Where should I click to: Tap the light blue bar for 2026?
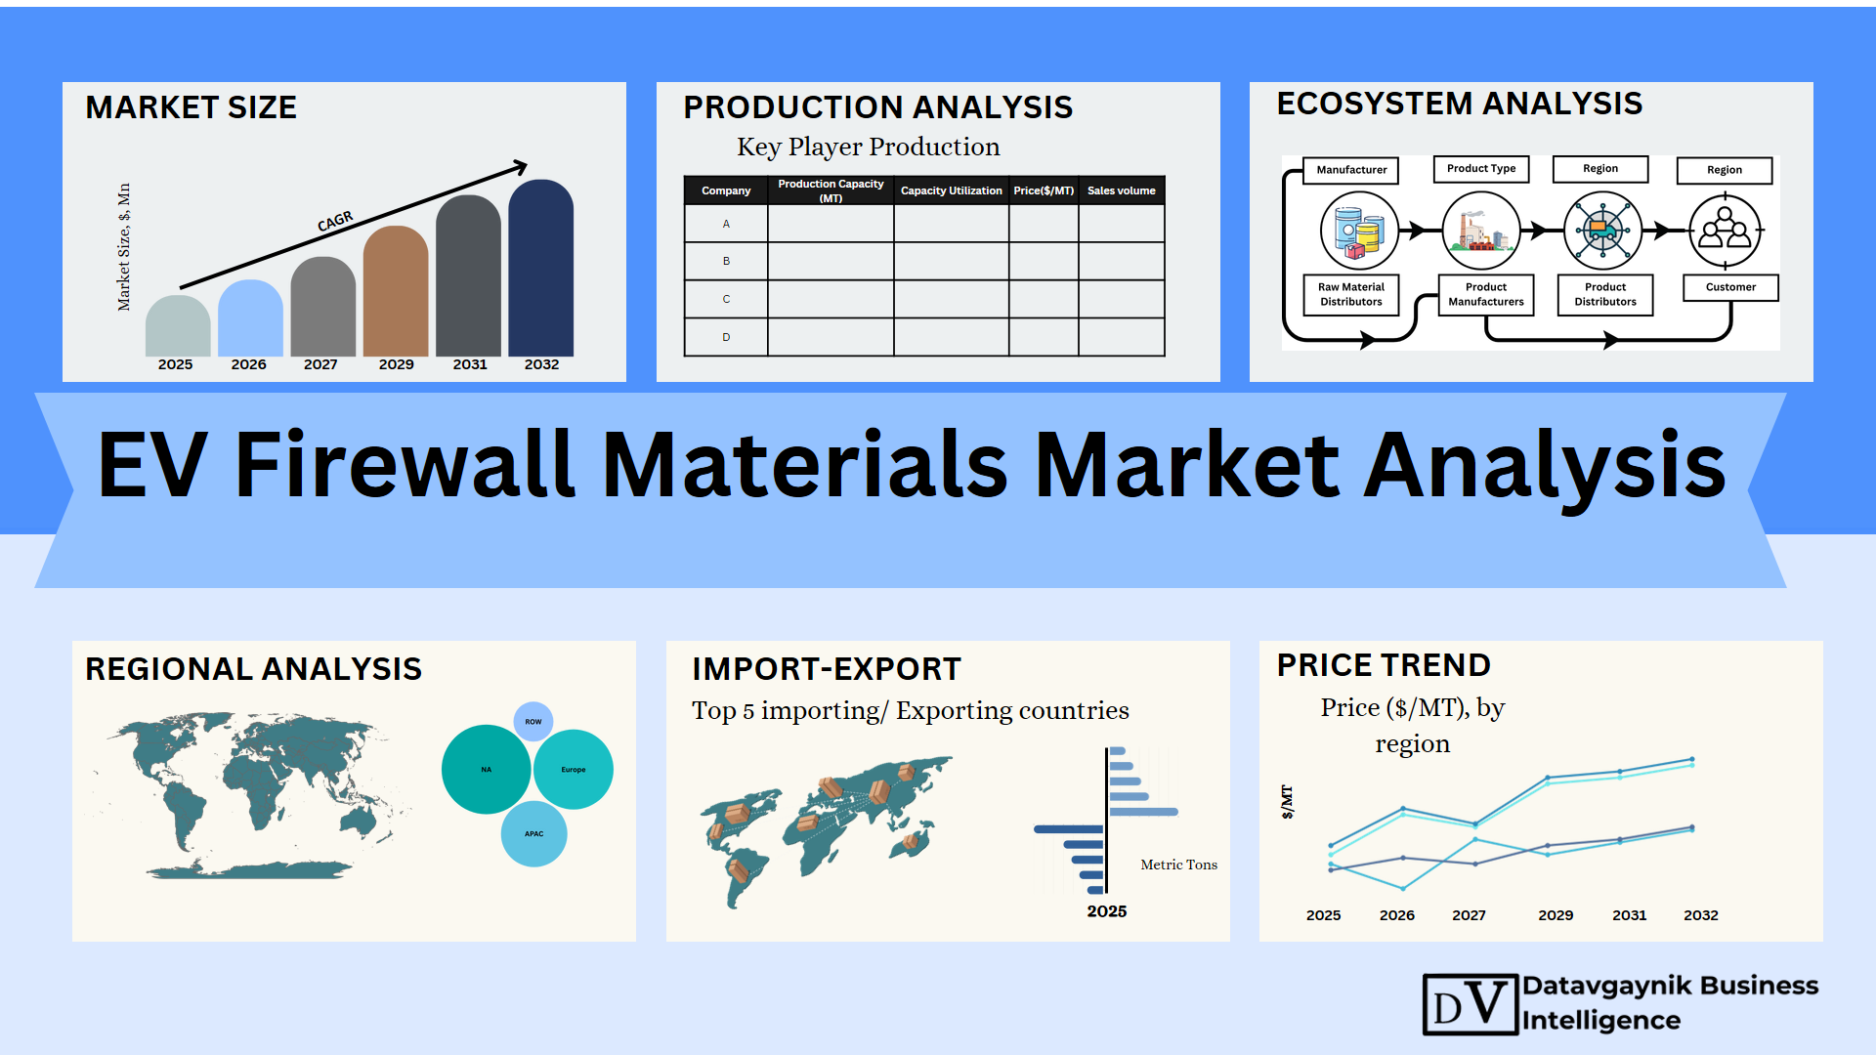tap(250, 318)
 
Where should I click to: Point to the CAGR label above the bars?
tap(335, 222)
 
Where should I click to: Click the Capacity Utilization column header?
tap(951, 190)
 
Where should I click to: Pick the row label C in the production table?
tap(726, 299)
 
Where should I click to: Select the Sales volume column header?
tap(1122, 190)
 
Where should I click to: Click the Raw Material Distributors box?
tap(1351, 294)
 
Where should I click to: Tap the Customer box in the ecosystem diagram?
tap(1730, 287)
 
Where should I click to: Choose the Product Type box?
tap(1481, 169)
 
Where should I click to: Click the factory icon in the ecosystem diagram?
tap(1481, 231)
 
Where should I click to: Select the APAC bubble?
tap(533, 834)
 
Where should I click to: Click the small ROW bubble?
tap(533, 722)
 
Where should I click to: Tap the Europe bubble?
tap(574, 770)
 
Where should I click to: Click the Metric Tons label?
tap(1179, 865)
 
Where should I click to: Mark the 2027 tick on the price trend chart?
tap(1469, 915)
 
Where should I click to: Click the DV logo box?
tap(1471, 1004)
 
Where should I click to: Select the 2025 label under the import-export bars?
tap(1107, 911)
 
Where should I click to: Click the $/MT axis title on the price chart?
tap(1287, 801)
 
